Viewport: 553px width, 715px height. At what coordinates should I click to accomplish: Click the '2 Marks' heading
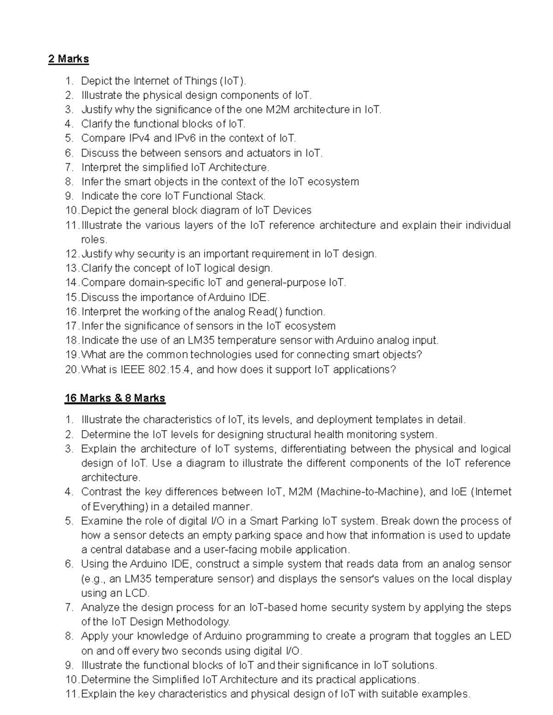coord(69,59)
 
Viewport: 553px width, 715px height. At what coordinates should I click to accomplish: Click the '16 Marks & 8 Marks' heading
coord(115,398)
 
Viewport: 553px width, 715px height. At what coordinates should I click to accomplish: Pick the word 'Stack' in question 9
coord(250,196)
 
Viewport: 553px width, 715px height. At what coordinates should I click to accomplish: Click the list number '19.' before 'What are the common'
coord(72,355)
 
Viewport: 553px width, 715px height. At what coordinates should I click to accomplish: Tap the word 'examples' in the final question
coord(446,694)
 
